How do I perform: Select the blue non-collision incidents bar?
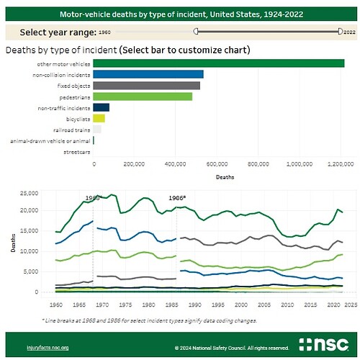tap(148, 74)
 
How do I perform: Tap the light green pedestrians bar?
tap(143, 96)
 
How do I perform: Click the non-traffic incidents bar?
tap(102, 107)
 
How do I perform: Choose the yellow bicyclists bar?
tap(99, 118)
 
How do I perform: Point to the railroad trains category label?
tap(74, 129)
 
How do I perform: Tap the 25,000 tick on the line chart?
tap(27, 193)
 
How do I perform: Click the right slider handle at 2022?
tap(340, 32)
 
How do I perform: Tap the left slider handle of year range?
tap(195, 32)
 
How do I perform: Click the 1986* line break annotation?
tap(177, 197)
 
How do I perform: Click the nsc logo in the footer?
tap(322, 343)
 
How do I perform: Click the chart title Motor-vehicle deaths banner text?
tap(180, 13)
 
